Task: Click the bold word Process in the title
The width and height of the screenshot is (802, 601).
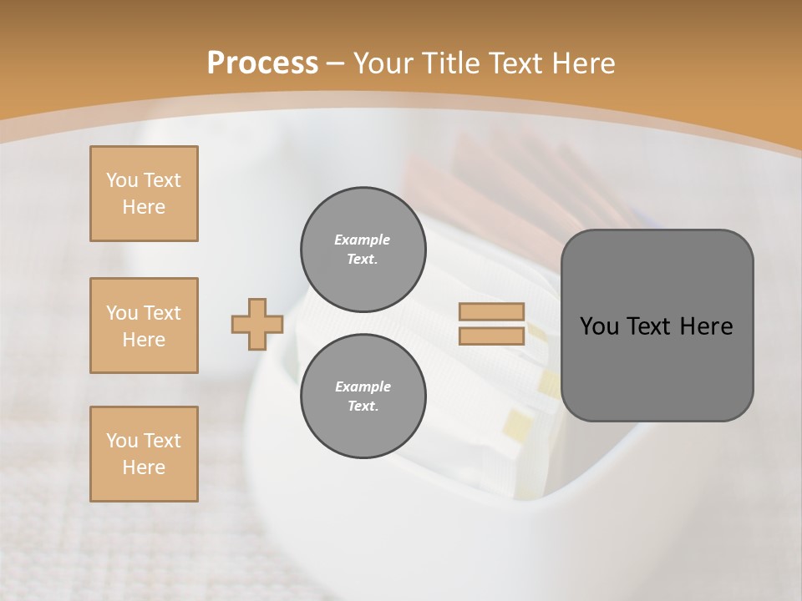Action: pyautogui.click(x=262, y=63)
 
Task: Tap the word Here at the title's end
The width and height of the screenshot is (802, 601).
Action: pyautogui.click(x=581, y=63)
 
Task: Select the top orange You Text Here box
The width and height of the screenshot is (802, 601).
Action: pyautogui.click(x=144, y=194)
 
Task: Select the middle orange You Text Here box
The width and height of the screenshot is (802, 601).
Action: pyautogui.click(x=144, y=326)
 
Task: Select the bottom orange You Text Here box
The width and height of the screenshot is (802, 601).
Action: pyautogui.click(x=144, y=454)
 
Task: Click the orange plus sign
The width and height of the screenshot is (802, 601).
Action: pyautogui.click(x=257, y=324)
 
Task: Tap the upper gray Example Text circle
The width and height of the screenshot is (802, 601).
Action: pyautogui.click(x=363, y=250)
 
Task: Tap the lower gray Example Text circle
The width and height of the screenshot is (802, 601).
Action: pyautogui.click(x=363, y=396)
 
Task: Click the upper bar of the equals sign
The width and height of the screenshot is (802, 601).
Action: pyautogui.click(x=492, y=312)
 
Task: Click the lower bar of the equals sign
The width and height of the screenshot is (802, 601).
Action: pyautogui.click(x=492, y=336)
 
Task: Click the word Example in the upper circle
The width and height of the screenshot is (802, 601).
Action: pyautogui.click(x=363, y=240)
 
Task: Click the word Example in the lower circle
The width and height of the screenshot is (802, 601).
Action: pyautogui.click(x=363, y=386)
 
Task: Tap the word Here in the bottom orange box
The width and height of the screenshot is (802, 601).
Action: pyautogui.click(x=144, y=467)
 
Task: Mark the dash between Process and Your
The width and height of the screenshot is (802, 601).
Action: pyautogui.click(x=336, y=63)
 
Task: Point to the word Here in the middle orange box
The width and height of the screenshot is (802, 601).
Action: pyautogui.click(x=144, y=340)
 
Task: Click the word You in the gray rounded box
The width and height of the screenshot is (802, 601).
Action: pyautogui.click(x=598, y=326)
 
